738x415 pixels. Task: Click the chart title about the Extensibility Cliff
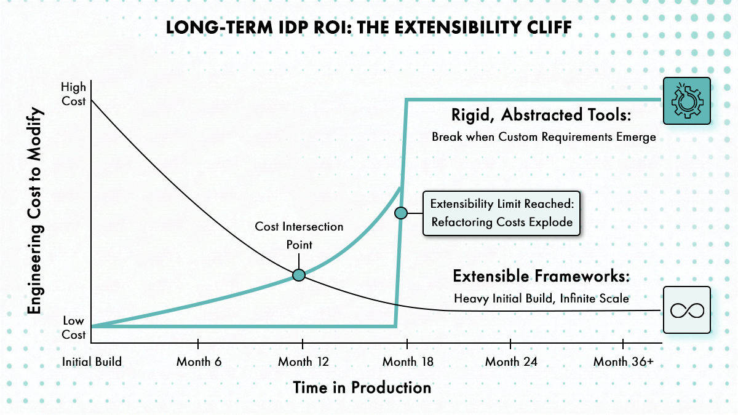(368, 27)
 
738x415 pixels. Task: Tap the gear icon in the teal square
(687, 101)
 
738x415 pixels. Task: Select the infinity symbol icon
(688, 310)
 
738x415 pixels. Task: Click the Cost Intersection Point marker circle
(299, 275)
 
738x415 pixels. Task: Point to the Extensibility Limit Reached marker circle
(400, 213)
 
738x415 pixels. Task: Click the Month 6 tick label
(199, 362)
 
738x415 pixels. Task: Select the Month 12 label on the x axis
(303, 362)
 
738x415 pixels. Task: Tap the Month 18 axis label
(408, 362)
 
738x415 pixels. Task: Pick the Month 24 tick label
(511, 362)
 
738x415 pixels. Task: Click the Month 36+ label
(624, 362)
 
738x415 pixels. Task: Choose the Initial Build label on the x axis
(92, 362)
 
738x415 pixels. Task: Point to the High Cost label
(73, 94)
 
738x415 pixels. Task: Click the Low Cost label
(73, 328)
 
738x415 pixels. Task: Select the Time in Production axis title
(362, 388)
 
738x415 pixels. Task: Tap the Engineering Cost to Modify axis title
(35, 210)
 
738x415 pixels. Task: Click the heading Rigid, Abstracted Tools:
(541, 116)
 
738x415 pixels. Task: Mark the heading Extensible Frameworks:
(541, 276)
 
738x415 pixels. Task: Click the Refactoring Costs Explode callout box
(501, 213)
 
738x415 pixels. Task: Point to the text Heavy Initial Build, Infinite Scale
(541, 298)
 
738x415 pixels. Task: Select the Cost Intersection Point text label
(299, 235)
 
